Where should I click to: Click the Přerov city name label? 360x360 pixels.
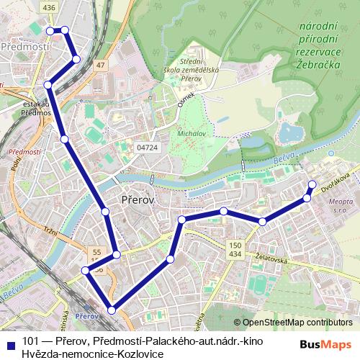(x=137, y=200)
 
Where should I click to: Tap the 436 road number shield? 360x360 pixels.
(x=49, y=7)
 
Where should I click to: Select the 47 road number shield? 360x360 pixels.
(x=100, y=66)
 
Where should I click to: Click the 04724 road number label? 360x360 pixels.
(x=147, y=147)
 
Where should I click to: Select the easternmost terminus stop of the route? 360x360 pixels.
(x=312, y=184)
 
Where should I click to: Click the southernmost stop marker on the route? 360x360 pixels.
(x=111, y=310)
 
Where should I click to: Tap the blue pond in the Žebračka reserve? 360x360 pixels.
(x=292, y=132)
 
